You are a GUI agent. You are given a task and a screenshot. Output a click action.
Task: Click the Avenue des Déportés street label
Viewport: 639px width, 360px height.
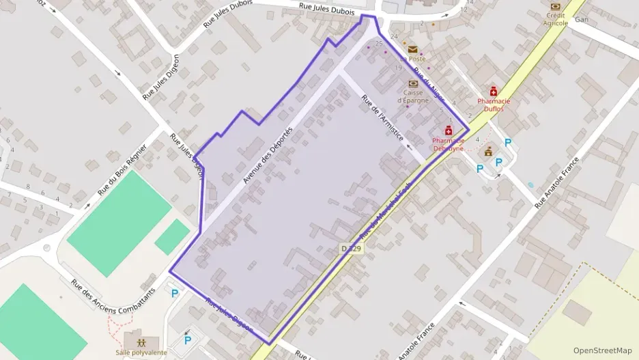[268, 155]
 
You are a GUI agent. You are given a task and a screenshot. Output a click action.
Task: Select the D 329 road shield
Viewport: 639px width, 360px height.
[351, 249]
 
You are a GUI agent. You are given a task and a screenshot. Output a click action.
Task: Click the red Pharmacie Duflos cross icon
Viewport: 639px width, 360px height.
[493, 91]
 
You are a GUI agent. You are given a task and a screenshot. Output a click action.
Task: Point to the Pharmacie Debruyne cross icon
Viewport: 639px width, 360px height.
[449, 130]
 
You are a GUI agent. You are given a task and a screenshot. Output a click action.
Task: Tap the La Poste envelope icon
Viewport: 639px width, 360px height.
[412, 49]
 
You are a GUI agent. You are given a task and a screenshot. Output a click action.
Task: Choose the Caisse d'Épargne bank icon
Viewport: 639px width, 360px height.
[412, 83]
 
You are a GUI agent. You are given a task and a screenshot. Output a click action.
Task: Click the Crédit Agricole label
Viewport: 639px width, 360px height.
[555, 19]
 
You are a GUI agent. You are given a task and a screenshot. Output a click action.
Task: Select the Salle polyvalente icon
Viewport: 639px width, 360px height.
[141, 341]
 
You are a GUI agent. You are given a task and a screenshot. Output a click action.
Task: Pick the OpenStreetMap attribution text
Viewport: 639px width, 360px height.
[602, 350]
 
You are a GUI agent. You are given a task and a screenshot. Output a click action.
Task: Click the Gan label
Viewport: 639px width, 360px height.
[581, 20]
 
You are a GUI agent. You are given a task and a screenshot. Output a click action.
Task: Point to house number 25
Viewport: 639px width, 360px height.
[379, 43]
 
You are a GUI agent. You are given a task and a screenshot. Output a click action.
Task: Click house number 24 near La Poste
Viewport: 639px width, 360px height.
[394, 36]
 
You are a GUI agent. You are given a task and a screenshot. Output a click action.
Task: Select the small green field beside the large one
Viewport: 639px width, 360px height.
[172, 236]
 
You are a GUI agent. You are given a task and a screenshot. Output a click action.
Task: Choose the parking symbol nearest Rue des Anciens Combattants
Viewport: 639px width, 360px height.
[175, 294]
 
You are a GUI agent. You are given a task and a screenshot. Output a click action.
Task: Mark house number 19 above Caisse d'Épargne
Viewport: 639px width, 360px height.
[399, 68]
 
